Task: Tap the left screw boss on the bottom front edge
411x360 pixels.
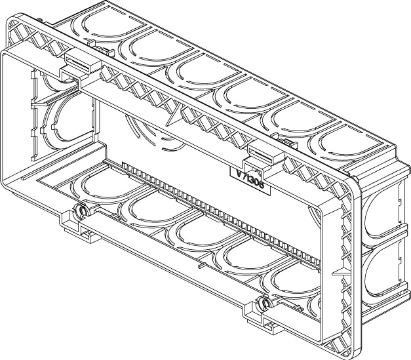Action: click(81, 211)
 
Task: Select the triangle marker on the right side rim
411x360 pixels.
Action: click(336, 270)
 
